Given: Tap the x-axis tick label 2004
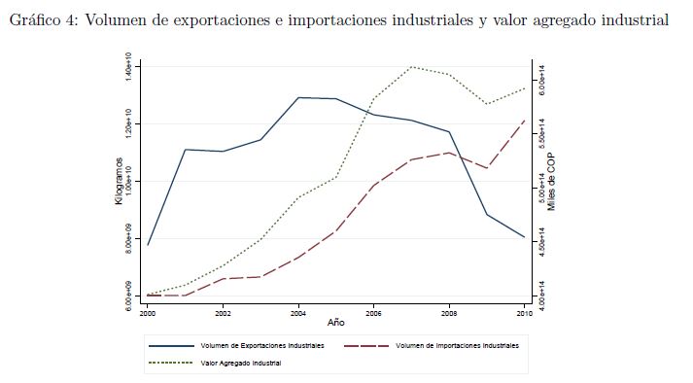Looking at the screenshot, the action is [x=298, y=314].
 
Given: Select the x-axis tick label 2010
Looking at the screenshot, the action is [x=525, y=314].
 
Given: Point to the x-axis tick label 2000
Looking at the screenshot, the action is [x=148, y=314].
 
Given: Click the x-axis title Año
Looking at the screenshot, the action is [x=336, y=323].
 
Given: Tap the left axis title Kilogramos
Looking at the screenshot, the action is [x=119, y=181].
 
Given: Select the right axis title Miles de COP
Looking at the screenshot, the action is [x=551, y=182].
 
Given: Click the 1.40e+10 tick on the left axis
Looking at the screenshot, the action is [x=128, y=66].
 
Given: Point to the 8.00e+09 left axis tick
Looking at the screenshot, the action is [x=128, y=239].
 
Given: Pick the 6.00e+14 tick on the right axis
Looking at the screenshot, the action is [x=541, y=80].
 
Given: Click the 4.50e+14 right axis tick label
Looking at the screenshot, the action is [x=541, y=242].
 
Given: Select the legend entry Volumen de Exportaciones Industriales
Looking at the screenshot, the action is [x=236, y=345].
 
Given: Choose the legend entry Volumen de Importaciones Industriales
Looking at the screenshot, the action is [x=432, y=345].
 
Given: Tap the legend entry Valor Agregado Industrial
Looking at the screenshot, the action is [x=215, y=364].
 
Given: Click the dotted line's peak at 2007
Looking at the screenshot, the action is [x=411, y=67].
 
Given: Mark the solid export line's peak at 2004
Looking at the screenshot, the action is [x=298, y=97].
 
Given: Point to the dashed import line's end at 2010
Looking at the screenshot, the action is [x=525, y=120].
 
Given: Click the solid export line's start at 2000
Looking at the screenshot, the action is [x=148, y=245].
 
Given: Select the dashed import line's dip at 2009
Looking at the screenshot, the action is [x=487, y=168].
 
